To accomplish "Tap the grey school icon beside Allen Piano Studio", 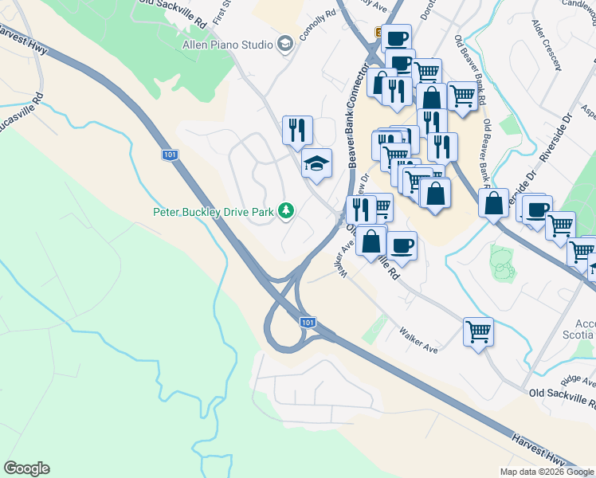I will click(284, 45).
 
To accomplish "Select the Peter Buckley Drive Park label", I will click(214, 212).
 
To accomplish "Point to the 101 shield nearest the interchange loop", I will click(308, 323).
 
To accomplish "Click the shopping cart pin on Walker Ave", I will click(478, 331).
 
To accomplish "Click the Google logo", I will click(26, 468).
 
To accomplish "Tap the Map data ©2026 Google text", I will click(546, 472).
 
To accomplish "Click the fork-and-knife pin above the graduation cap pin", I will click(297, 129).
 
